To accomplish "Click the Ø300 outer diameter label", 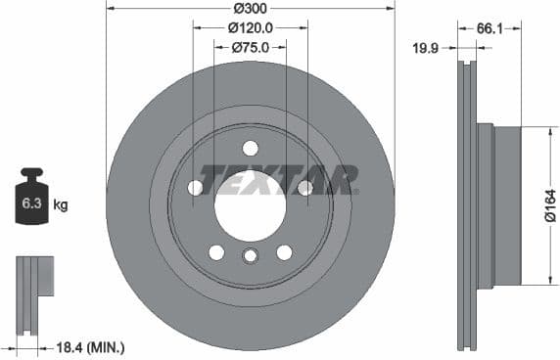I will pyautogui.click(x=250, y=8).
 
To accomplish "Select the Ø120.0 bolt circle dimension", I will pyautogui.click(x=250, y=28).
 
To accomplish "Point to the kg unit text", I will pyautogui.click(x=61, y=205).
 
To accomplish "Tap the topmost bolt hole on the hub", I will pyautogui.click(x=250, y=148).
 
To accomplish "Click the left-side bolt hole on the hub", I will pyautogui.click(x=195, y=187).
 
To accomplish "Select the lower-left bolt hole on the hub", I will pyautogui.click(x=216, y=252).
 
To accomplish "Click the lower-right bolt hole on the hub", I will pyautogui.click(x=284, y=252).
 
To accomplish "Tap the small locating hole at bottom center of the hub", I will pyautogui.click(x=250, y=257).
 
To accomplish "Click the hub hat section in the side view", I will pyautogui.click(x=499, y=205).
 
